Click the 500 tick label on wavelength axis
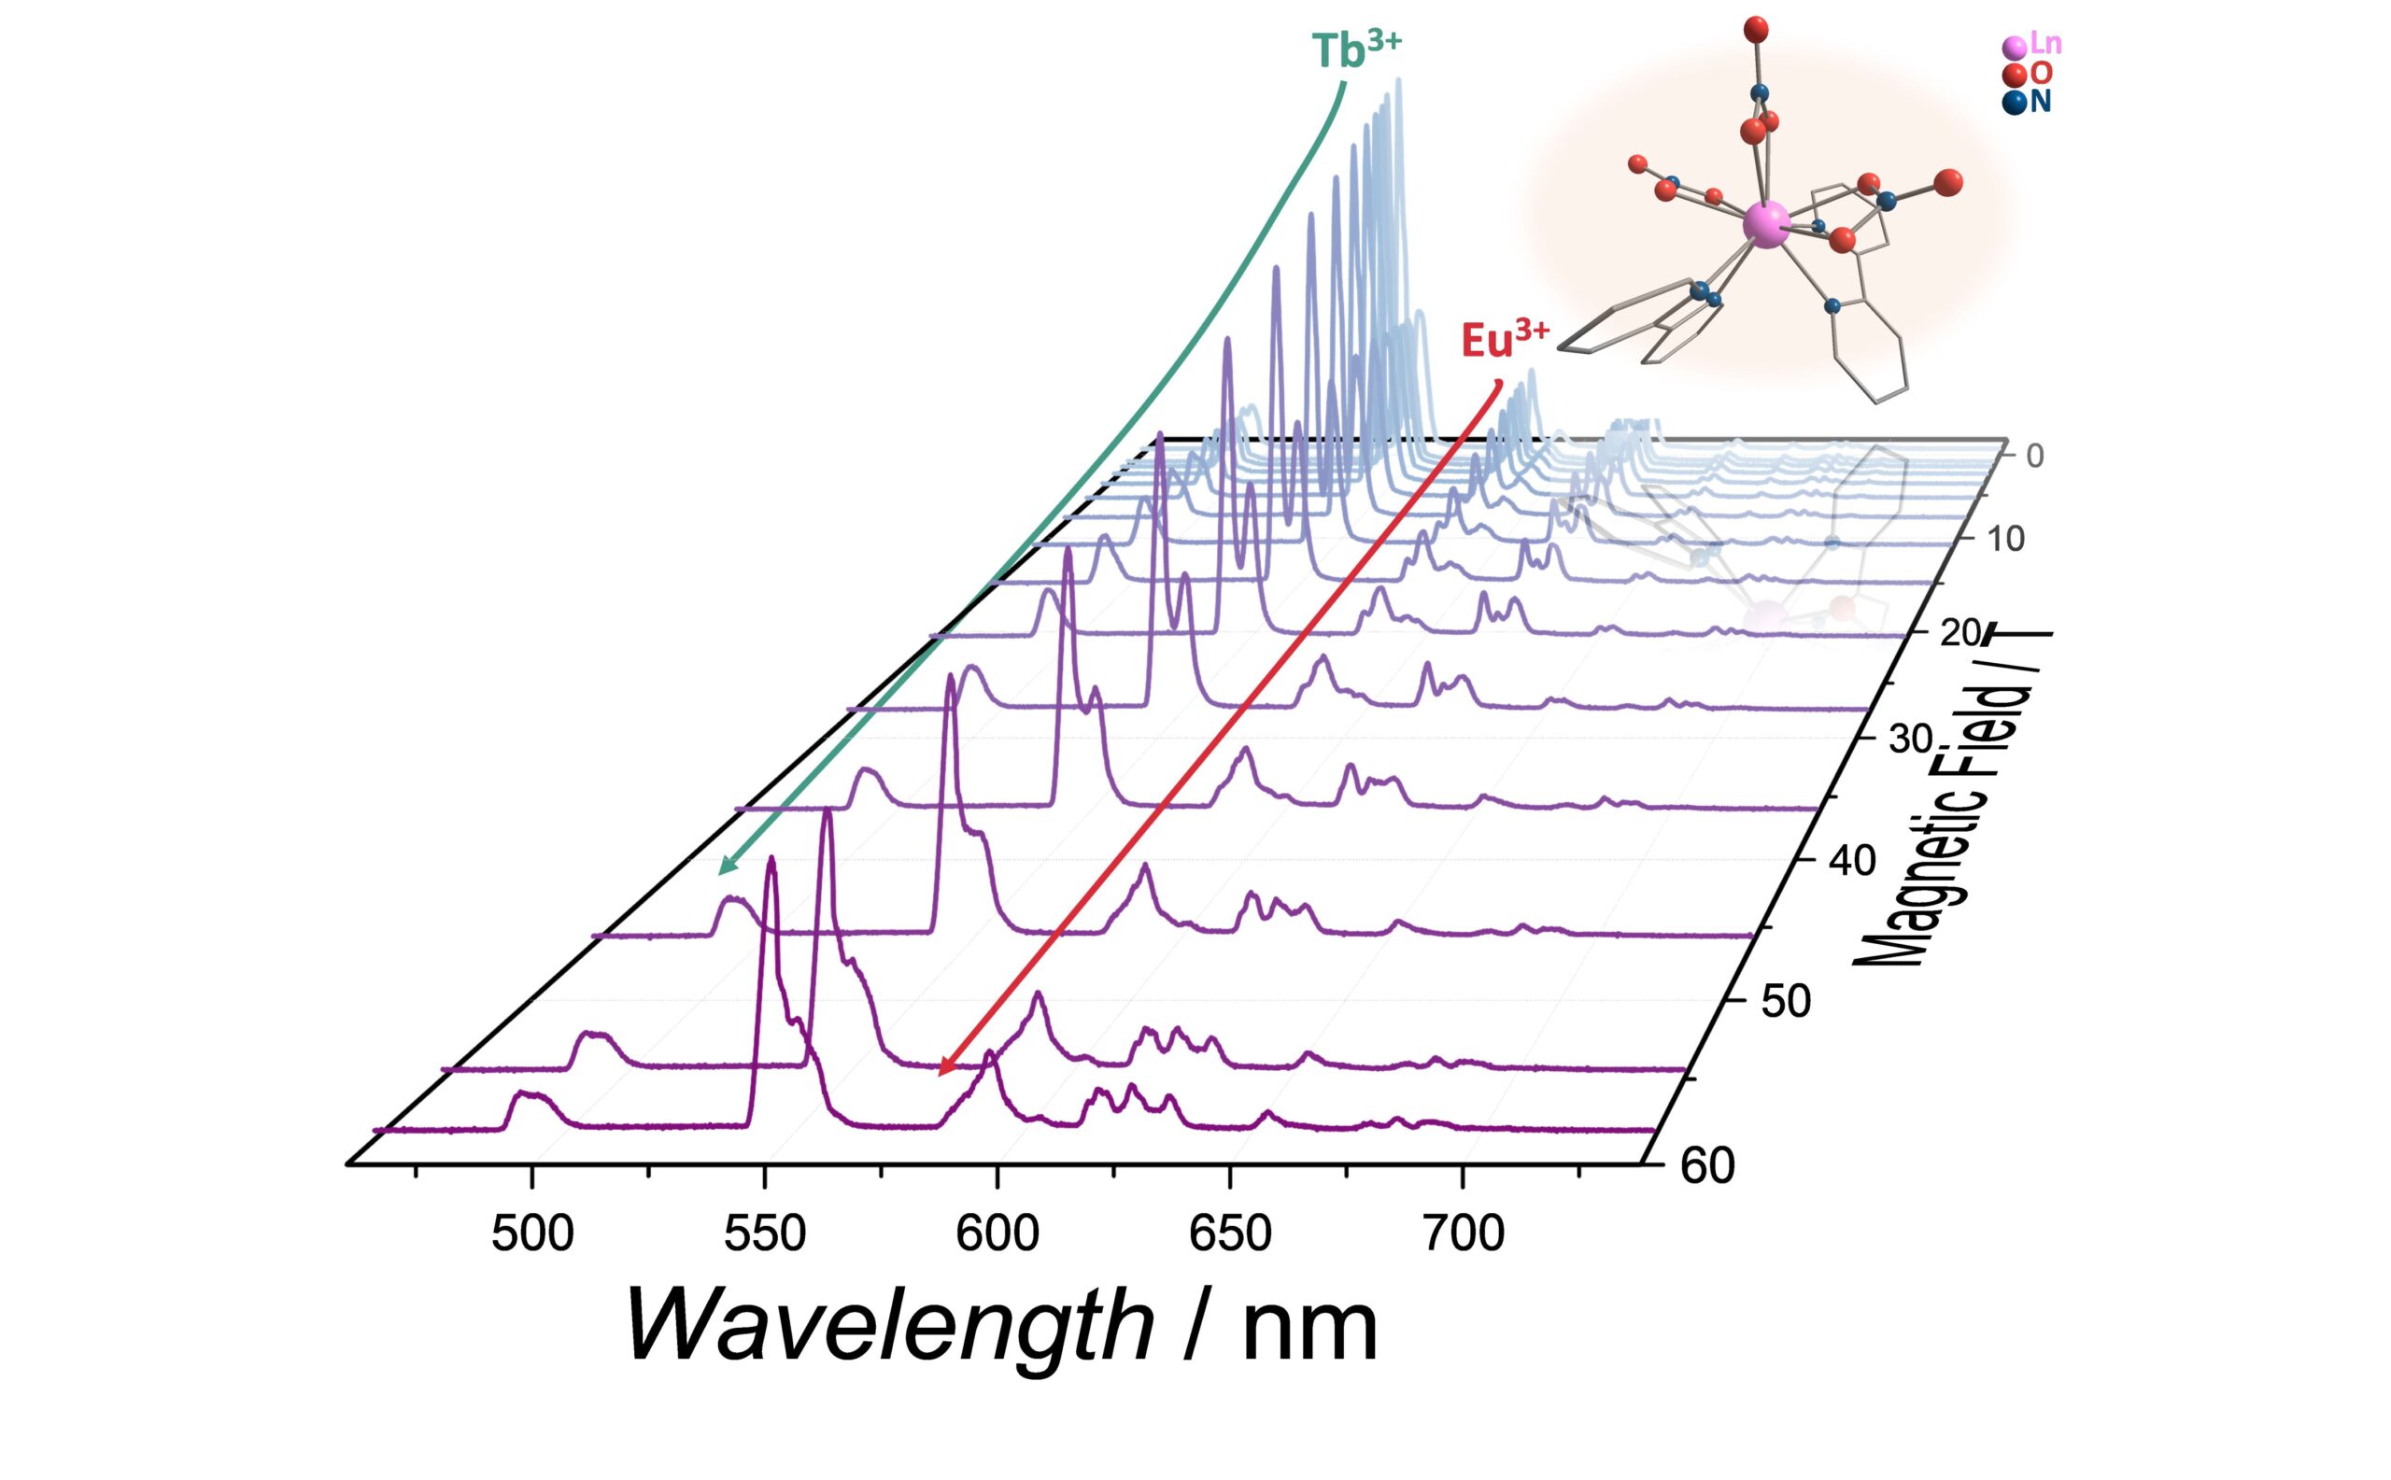tap(531, 1234)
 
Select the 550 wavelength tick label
tap(765, 1234)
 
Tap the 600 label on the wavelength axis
tap(997, 1234)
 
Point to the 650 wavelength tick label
tap(1230, 1234)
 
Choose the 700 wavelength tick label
tap(1463, 1234)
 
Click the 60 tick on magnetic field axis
tap(1706, 1167)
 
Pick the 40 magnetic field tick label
tap(1851, 861)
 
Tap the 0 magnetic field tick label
tap(2034, 456)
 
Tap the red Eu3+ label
tap(1504, 339)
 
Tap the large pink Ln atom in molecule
tap(1766, 225)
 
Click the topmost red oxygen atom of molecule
tap(1756, 28)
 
